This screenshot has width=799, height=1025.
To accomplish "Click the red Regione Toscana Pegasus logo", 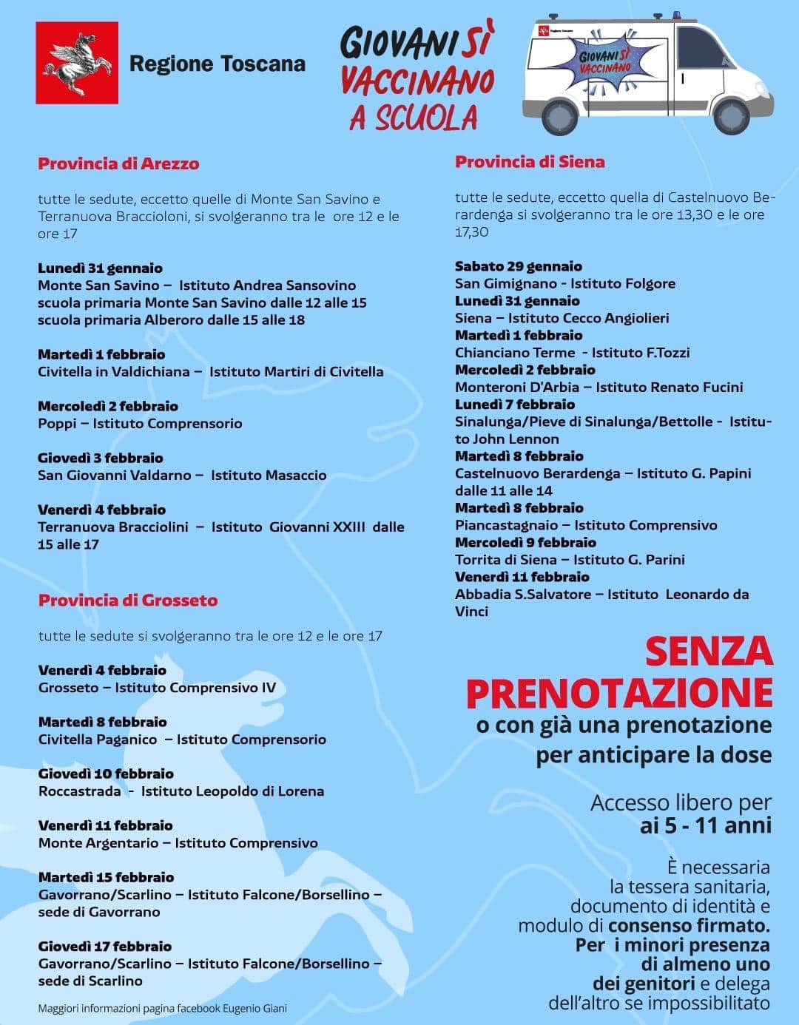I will coord(77,63).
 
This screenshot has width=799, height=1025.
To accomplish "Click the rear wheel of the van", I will coord(560,115).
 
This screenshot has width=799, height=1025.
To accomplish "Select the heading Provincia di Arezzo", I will coord(118,163).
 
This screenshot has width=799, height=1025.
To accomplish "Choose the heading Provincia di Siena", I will coord(530,162).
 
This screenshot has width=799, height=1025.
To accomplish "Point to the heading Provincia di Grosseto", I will coord(128,600).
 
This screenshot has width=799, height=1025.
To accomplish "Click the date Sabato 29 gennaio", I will coord(518,266).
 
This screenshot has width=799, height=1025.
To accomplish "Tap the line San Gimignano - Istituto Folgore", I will coord(564,283).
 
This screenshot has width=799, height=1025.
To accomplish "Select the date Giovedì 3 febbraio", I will coord(101,458).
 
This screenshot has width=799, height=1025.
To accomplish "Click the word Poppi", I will coord(57,424).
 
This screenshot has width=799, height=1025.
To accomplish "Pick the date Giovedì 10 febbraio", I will coord(106,774).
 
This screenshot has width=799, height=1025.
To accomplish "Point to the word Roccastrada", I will coord(79,791).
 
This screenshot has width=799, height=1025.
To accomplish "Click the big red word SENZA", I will coord(708,652).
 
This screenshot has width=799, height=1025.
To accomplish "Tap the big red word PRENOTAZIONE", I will coord(619,693).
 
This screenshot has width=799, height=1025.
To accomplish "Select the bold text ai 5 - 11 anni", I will coord(705,825).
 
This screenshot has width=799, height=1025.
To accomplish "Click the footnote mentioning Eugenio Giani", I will coord(162,1008).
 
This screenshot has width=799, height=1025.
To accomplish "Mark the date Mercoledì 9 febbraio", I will coord(525,542).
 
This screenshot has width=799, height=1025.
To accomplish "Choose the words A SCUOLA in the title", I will coord(414,118).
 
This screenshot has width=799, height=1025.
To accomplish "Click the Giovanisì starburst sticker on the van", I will coord(605,61).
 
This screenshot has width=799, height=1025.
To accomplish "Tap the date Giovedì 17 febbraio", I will coord(104,947).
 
